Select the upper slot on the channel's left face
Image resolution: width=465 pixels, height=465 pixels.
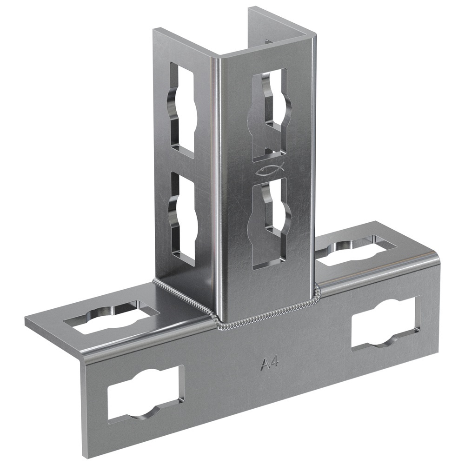coord(182,108)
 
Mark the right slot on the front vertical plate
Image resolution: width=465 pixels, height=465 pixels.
coord(386,324)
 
